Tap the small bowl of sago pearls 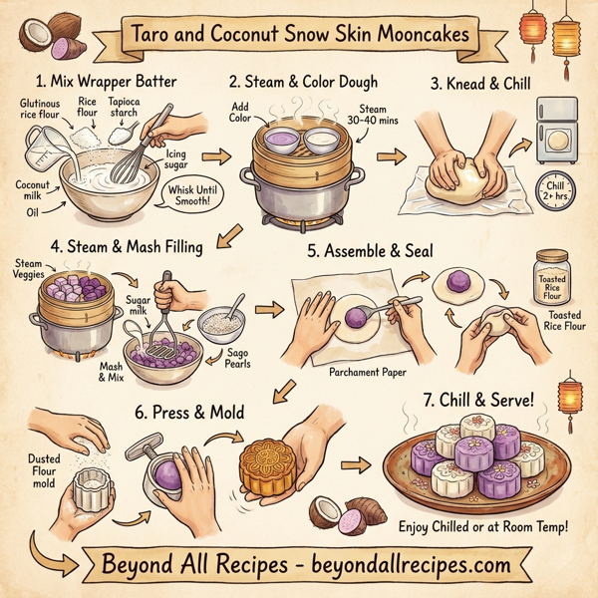click(x=219, y=325)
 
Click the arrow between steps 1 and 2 click(x=211, y=155)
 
